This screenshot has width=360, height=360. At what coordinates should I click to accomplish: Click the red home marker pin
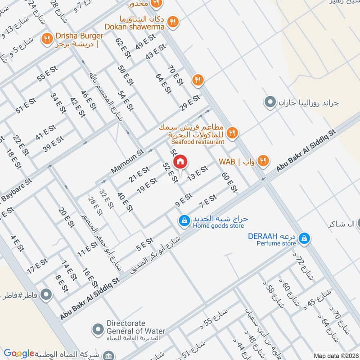point(180,162)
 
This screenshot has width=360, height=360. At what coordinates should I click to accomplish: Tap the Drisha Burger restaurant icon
point(47,39)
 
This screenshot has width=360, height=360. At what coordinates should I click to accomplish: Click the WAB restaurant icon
point(264,161)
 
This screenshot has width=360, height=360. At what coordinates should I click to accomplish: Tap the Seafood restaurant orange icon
point(232,132)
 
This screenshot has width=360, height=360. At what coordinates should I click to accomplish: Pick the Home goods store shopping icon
point(184,220)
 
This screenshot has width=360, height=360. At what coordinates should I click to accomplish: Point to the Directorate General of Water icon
point(98,329)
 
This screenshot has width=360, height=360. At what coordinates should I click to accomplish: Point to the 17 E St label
point(37,266)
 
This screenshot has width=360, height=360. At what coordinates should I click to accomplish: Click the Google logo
point(18,353)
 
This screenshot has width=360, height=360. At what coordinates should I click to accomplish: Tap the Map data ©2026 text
point(335,355)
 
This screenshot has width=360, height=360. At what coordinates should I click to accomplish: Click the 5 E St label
point(145,244)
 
